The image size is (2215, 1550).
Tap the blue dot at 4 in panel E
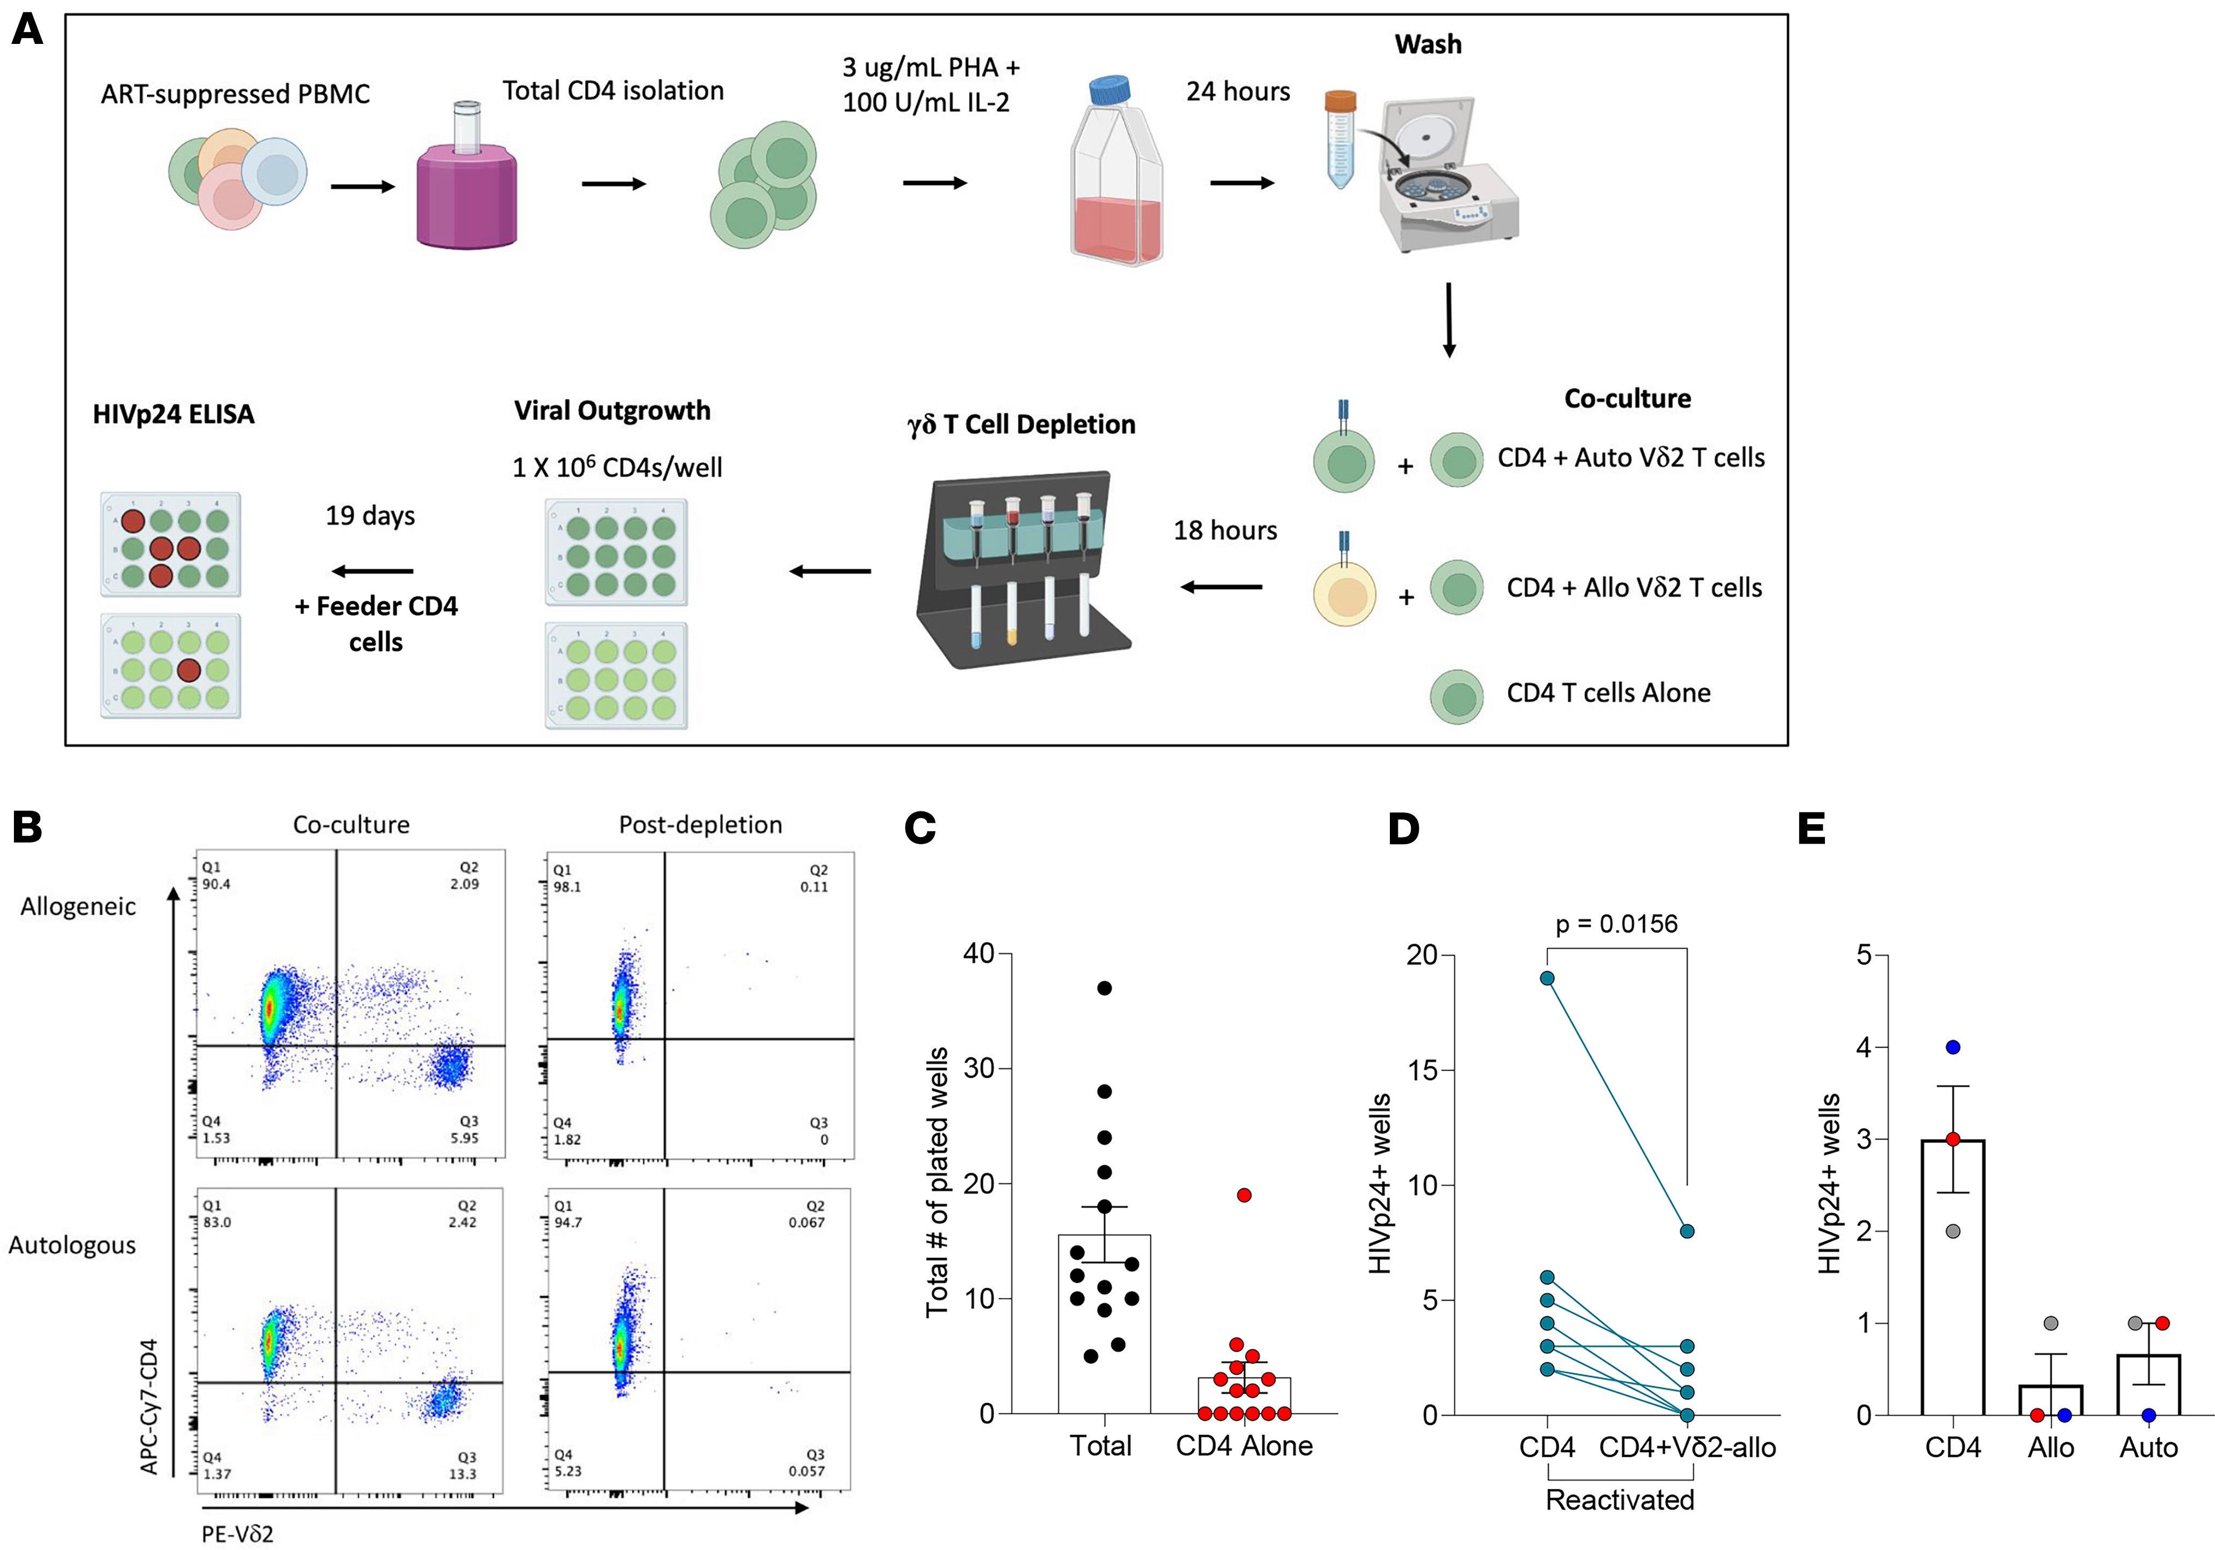(x=1952, y=1048)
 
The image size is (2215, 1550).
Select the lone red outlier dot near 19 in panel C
(x=1245, y=1195)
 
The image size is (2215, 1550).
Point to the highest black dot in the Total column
(x=1105, y=988)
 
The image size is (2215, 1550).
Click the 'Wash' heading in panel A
(x=1428, y=44)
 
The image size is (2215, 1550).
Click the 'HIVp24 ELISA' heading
(x=174, y=415)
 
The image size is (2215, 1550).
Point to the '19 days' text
(x=370, y=515)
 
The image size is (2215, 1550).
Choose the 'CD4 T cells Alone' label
(x=1608, y=693)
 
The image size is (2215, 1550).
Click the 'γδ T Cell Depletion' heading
(x=1022, y=424)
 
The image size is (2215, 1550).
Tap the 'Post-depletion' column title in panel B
(x=700, y=825)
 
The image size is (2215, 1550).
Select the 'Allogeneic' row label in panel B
(x=78, y=907)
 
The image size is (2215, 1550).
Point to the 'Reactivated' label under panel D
(x=1620, y=1500)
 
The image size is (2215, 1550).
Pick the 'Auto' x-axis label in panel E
(x=2149, y=1448)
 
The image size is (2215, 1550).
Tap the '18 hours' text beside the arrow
(x=1225, y=530)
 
